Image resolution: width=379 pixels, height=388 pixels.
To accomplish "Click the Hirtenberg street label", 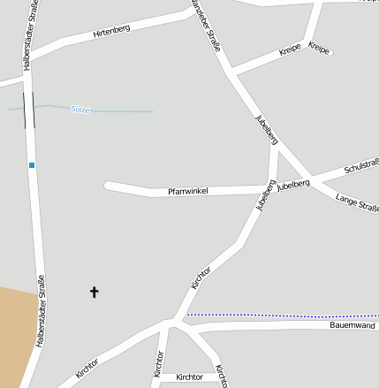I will click(111, 33).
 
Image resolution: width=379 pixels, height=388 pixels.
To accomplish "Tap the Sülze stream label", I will click(80, 109).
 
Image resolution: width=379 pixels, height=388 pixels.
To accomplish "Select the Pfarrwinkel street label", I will click(187, 191).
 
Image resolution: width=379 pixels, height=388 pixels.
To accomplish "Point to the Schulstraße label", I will click(360, 166).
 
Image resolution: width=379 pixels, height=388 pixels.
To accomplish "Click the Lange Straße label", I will click(357, 204).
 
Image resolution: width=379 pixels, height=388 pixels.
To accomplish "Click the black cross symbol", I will click(95, 291).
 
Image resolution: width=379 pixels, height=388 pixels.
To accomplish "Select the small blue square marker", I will click(32, 165).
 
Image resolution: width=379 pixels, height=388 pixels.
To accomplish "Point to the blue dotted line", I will click(283, 315).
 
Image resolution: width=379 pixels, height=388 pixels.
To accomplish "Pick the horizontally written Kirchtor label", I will click(189, 377).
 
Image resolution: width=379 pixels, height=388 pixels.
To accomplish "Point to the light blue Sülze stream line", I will click(124, 111).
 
